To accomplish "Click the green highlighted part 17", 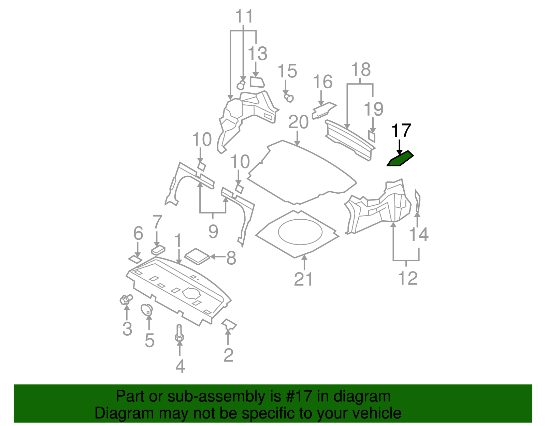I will pyautogui.click(x=400, y=159).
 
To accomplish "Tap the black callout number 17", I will pyautogui.click(x=401, y=131).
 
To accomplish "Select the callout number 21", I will pyautogui.click(x=303, y=279).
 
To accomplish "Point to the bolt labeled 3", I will pyautogui.click(x=126, y=300).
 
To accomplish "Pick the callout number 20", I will pyautogui.click(x=298, y=122).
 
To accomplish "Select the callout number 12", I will pyautogui.click(x=407, y=278).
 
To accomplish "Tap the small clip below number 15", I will pyautogui.click(x=289, y=98).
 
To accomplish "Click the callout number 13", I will pyautogui.click(x=257, y=54).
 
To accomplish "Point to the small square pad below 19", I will pyautogui.click(x=372, y=136).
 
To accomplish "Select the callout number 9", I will pyautogui.click(x=213, y=232).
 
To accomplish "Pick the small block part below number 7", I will pyautogui.click(x=158, y=250).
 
